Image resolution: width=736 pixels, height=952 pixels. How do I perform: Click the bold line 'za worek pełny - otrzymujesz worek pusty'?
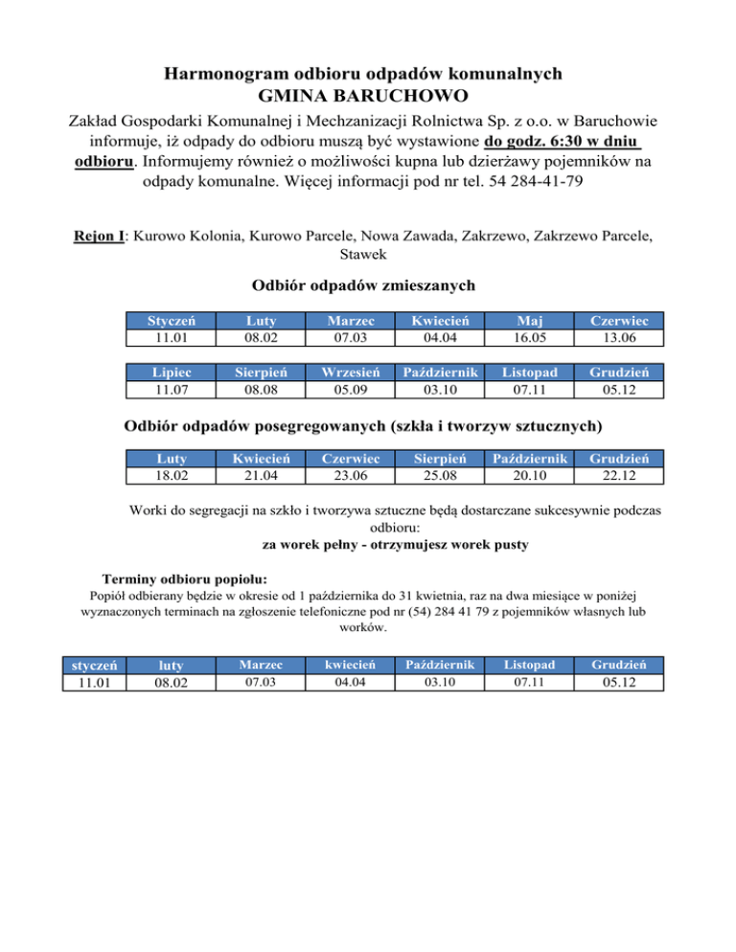pyautogui.click(x=395, y=544)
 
